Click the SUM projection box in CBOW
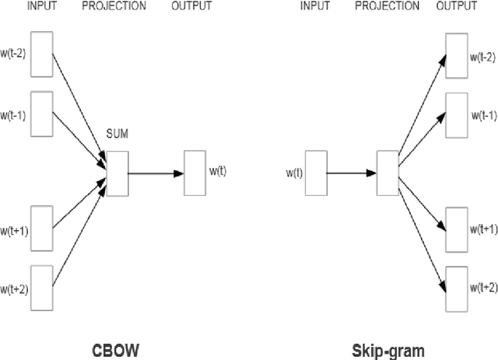coord(117,173)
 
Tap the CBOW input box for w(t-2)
coord(41,54)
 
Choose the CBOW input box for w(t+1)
coord(41,229)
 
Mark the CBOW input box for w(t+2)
coord(41,287)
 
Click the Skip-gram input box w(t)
coord(316,173)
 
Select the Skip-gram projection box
coord(387,173)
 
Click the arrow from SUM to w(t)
coord(156,173)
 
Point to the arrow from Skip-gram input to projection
coord(351,173)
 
